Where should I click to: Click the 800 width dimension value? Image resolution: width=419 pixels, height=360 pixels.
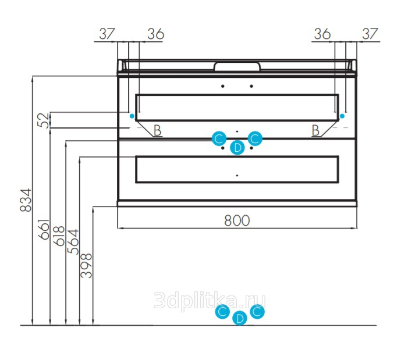pyautogui.click(x=237, y=220)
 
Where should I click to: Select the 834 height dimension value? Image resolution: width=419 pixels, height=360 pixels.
pyautogui.click(x=26, y=200)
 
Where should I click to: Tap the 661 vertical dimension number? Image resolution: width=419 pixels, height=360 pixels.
pyautogui.click(x=44, y=229)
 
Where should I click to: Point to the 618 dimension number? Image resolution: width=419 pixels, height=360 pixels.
pyautogui.click(x=59, y=236)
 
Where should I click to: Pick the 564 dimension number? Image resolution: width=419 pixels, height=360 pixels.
pyautogui.click(x=73, y=242)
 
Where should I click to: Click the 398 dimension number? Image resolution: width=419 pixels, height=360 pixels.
pyautogui.click(x=86, y=265)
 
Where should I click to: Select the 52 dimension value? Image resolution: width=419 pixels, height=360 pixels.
pyautogui.click(x=44, y=120)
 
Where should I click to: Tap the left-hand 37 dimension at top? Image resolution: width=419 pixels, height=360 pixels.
pyautogui.click(x=107, y=34)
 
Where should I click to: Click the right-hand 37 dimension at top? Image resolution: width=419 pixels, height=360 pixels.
pyautogui.click(x=370, y=34)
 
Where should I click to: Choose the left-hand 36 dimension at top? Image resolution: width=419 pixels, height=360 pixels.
pyautogui.click(x=156, y=34)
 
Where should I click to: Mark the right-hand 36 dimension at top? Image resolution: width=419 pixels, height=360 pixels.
pyautogui.click(x=322, y=34)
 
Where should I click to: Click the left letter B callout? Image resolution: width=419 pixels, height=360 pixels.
pyautogui.click(x=158, y=131)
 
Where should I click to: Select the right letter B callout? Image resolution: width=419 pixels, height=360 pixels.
pyautogui.click(x=315, y=131)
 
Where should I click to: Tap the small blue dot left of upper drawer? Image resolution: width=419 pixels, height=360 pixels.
pyautogui.click(x=132, y=116)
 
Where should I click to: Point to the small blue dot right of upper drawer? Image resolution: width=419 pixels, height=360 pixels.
pyautogui.click(x=342, y=116)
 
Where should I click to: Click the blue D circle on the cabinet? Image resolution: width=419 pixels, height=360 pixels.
pyautogui.click(x=237, y=147)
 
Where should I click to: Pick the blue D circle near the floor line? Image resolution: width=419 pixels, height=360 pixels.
pyautogui.click(x=240, y=318)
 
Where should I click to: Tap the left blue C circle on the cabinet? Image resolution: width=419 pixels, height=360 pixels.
pyautogui.click(x=219, y=138)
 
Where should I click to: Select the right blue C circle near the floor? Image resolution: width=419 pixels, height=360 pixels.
pyautogui.click(x=257, y=311)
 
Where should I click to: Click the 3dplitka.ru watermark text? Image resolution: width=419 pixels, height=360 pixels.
pyautogui.click(x=210, y=301)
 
